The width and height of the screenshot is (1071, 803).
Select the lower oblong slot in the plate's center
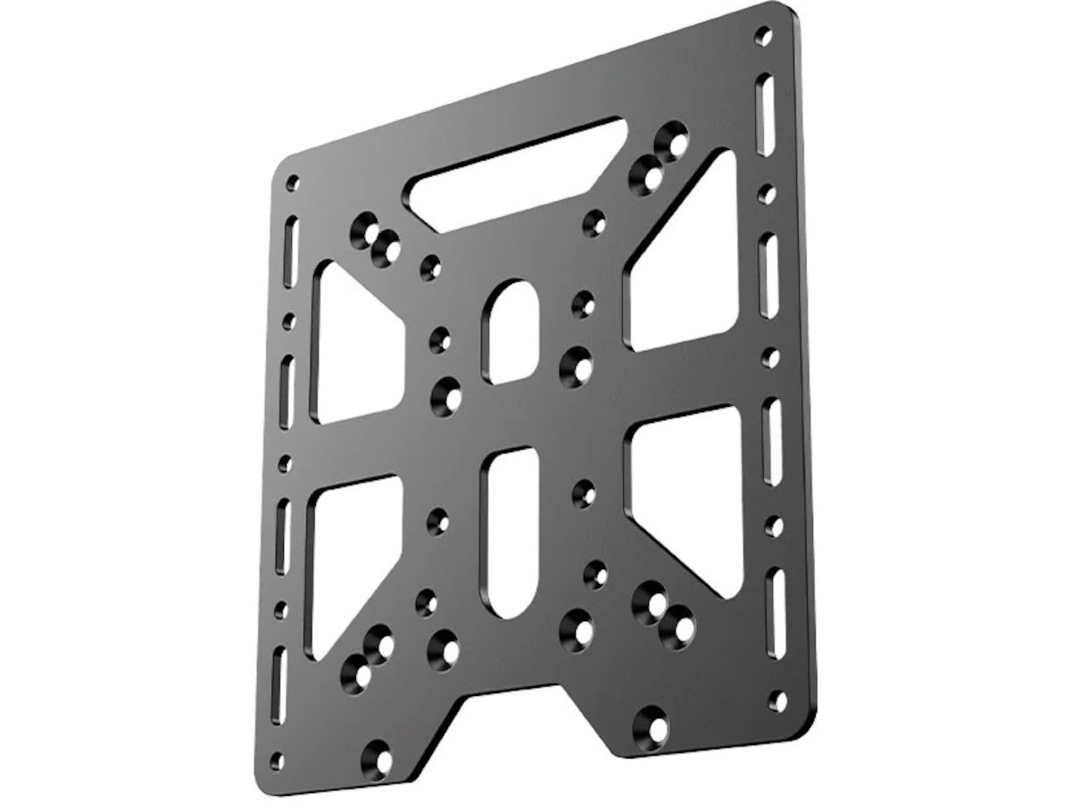coord(511,533)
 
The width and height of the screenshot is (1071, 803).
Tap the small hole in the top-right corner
coord(763,37)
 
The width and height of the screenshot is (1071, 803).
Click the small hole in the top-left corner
coord(292,183)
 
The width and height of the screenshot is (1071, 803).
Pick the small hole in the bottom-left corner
coord(277,761)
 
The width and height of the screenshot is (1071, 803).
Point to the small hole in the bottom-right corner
coord(778,700)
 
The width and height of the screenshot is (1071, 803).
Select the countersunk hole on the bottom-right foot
coord(652,727)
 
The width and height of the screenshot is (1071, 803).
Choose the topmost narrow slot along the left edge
coord(291,252)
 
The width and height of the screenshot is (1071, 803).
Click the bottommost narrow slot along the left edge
coord(279,684)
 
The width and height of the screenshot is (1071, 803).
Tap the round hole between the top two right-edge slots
coord(767,194)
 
